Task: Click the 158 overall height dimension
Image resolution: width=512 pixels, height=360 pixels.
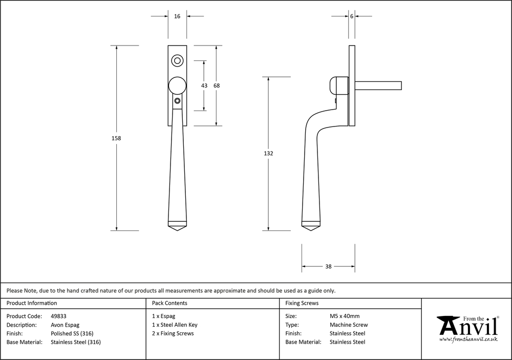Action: click(x=117, y=138)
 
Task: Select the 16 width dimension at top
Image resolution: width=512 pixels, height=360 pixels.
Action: click(x=177, y=16)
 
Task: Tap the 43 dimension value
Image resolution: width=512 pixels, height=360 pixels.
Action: click(x=204, y=86)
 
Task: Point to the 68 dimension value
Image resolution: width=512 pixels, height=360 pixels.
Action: click(x=217, y=86)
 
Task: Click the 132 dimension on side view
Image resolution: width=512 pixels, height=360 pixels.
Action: click(x=269, y=154)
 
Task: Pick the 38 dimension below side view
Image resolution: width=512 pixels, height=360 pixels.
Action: click(x=328, y=266)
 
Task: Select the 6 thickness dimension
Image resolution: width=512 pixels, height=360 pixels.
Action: click(x=352, y=16)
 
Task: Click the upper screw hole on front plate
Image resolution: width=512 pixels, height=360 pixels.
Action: click(x=178, y=60)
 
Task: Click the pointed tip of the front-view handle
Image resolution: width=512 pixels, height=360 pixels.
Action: click(x=177, y=231)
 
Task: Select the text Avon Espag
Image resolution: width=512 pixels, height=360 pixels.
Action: click(x=65, y=325)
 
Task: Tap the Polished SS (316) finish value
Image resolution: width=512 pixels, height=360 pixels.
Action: click(x=72, y=333)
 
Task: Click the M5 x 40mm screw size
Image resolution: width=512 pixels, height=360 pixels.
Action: click(x=345, y=316)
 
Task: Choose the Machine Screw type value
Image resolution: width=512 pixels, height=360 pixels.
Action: click(x=349, y=325)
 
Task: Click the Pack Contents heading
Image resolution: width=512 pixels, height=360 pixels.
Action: click(x=169, y=303)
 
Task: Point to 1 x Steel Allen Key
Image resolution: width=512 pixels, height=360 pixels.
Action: click(x=175, y=325)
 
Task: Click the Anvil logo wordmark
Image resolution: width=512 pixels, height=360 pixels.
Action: click(x=467, y=326)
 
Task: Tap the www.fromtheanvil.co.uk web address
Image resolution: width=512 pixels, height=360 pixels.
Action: click(x=468, y=340)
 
